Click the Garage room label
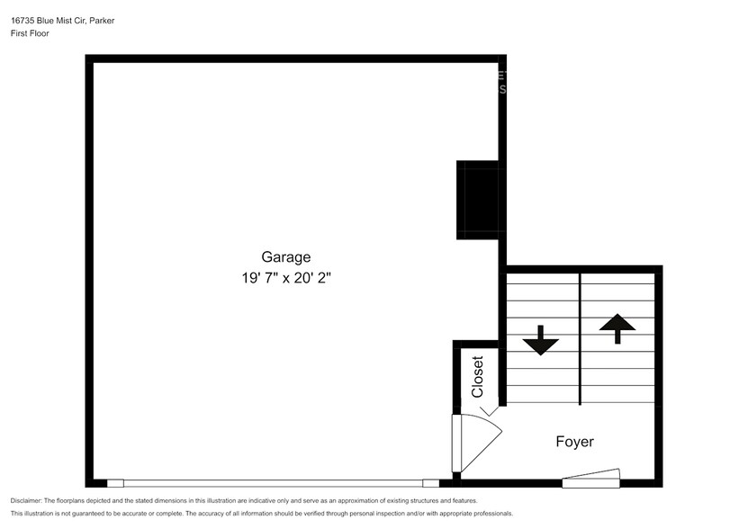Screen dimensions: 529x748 (x=285, y=256)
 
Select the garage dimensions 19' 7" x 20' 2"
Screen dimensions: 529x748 (x=285, y=279)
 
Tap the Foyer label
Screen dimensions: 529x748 (x=574, y=442)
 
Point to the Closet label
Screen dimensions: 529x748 (x=478, y=377)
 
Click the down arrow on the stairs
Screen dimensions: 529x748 (x=541, y=339)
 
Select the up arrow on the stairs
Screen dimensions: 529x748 (x=617, y=327)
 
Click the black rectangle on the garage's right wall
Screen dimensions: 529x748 (x=480, y=201)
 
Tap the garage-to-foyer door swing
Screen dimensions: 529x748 (x=474, y=443)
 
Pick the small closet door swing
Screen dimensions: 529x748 (x=490, y=411)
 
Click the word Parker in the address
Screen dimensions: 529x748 (x=124, y=19)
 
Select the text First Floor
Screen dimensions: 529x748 (x=30, y=33)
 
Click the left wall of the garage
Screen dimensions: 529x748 (x=89, y=270)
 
